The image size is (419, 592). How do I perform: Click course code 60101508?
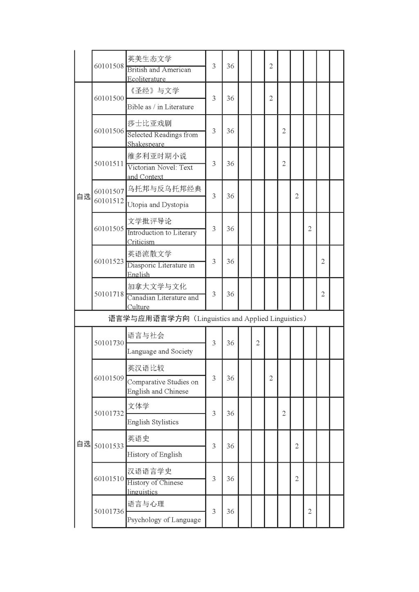click(x=109, y=66)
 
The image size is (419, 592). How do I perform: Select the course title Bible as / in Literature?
click(x=160, y=107)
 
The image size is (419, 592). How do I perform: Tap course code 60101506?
click(x=109, y=131)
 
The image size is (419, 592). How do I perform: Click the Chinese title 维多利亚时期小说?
click(x=157, y=156)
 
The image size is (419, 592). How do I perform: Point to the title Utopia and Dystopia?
click(x=158, y=205)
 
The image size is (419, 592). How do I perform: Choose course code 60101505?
click(x=109, y=228)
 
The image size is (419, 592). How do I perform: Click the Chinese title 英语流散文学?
click(x=149, y=254)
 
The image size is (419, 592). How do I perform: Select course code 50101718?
click(x=109, y=294)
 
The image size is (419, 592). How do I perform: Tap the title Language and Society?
click(x=160, y=351)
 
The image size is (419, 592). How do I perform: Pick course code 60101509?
click(x=109, y=378)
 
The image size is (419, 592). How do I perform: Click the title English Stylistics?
click(x=153, y=422)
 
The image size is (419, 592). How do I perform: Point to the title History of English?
click(x=154, y=454)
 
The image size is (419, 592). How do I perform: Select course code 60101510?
click(x=109, y=479)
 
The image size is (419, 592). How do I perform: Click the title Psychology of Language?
click(x=164, y=520)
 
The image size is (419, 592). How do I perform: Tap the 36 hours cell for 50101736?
click(x=230, y=511)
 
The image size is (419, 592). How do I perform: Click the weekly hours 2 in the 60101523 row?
click(x=323, y=261)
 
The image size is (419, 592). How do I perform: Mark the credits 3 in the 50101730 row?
click(x=214, y=343)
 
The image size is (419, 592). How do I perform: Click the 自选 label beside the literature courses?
click(x=83, y=197)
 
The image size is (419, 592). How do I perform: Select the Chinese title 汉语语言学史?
click(x=149, y=471)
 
